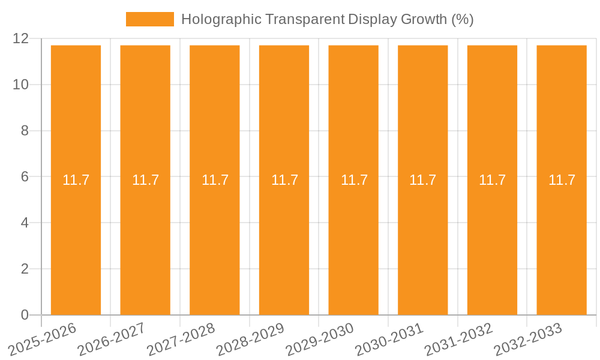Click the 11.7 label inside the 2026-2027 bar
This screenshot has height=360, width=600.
click(x=145, y=180)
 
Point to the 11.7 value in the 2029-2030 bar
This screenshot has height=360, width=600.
click(x=354, y=180)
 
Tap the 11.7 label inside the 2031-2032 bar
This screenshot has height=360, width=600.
click(x=492, y=180)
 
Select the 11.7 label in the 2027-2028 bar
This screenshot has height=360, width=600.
click(x=215, y=180)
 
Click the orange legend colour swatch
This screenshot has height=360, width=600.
click(x=149, y=19)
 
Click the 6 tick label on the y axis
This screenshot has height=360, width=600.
click(x=25, y=176)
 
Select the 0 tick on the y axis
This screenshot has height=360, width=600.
click(x=25, y=315)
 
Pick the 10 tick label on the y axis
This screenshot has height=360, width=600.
click(x=20, y=85)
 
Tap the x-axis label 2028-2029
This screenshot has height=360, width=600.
click(x=251, y=339)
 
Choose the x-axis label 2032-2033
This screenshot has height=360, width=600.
click(x=528, y=339)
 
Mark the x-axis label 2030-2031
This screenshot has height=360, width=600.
click(x=390, y=339)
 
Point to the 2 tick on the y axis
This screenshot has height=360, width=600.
click(x=25, y=269)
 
